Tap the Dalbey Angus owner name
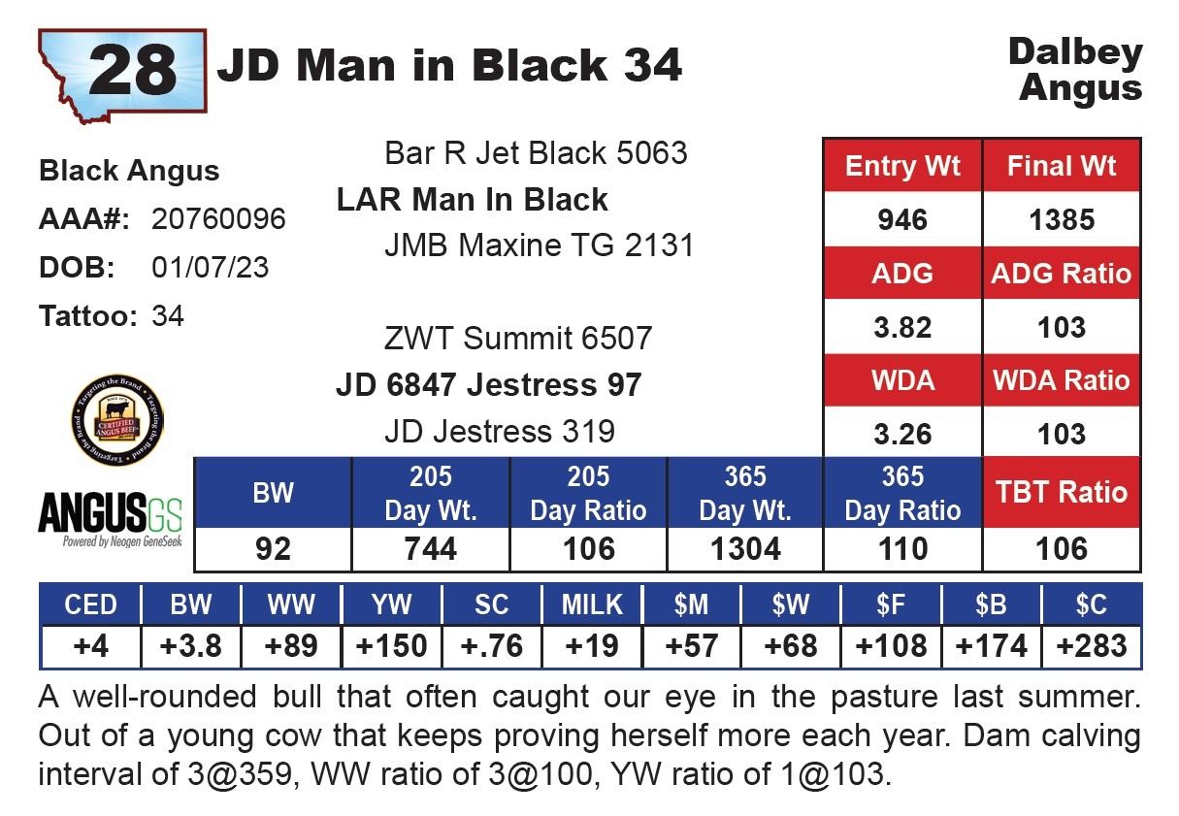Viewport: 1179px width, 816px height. coord(1075,70)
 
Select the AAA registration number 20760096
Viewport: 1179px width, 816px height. coord(218,219)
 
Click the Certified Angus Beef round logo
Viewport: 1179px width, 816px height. coord(117,420)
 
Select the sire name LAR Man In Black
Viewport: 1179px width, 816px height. coord(472,200)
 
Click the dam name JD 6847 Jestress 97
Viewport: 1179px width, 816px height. coord(488,385)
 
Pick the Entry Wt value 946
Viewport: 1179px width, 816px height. coord(901,219)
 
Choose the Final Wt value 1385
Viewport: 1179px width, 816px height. coord(1062,219)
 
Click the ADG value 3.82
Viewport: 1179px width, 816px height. coord(901,327)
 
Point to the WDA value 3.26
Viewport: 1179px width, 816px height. coord(901,434)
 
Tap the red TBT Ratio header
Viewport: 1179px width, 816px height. coord(1062,493)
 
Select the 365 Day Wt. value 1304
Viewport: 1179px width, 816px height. coord(744,549)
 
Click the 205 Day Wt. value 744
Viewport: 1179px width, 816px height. coord(430,549)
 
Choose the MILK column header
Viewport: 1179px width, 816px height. coord(592,604)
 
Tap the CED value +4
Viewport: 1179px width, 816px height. coord(90,645)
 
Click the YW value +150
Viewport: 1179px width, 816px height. coord(391,645)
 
